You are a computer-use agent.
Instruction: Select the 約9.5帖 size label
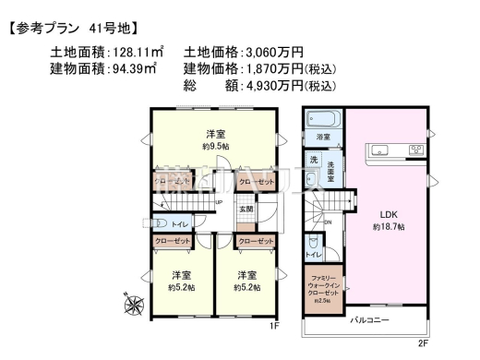click(x=216, y=146)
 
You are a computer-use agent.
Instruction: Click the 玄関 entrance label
click(x=246, y=210)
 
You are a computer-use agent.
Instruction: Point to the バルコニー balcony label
click(x=369, y=322)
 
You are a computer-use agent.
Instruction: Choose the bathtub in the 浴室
click(x=323, y=119)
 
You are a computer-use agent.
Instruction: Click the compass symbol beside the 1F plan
click(x=134, y=301)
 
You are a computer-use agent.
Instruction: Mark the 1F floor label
click(x=273, y=327)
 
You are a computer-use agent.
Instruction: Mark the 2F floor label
click(x=423, y=342)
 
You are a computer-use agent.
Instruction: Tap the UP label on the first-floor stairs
click(x=219, y=203)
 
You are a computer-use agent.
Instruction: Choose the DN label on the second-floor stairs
click(x=327, y=222)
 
